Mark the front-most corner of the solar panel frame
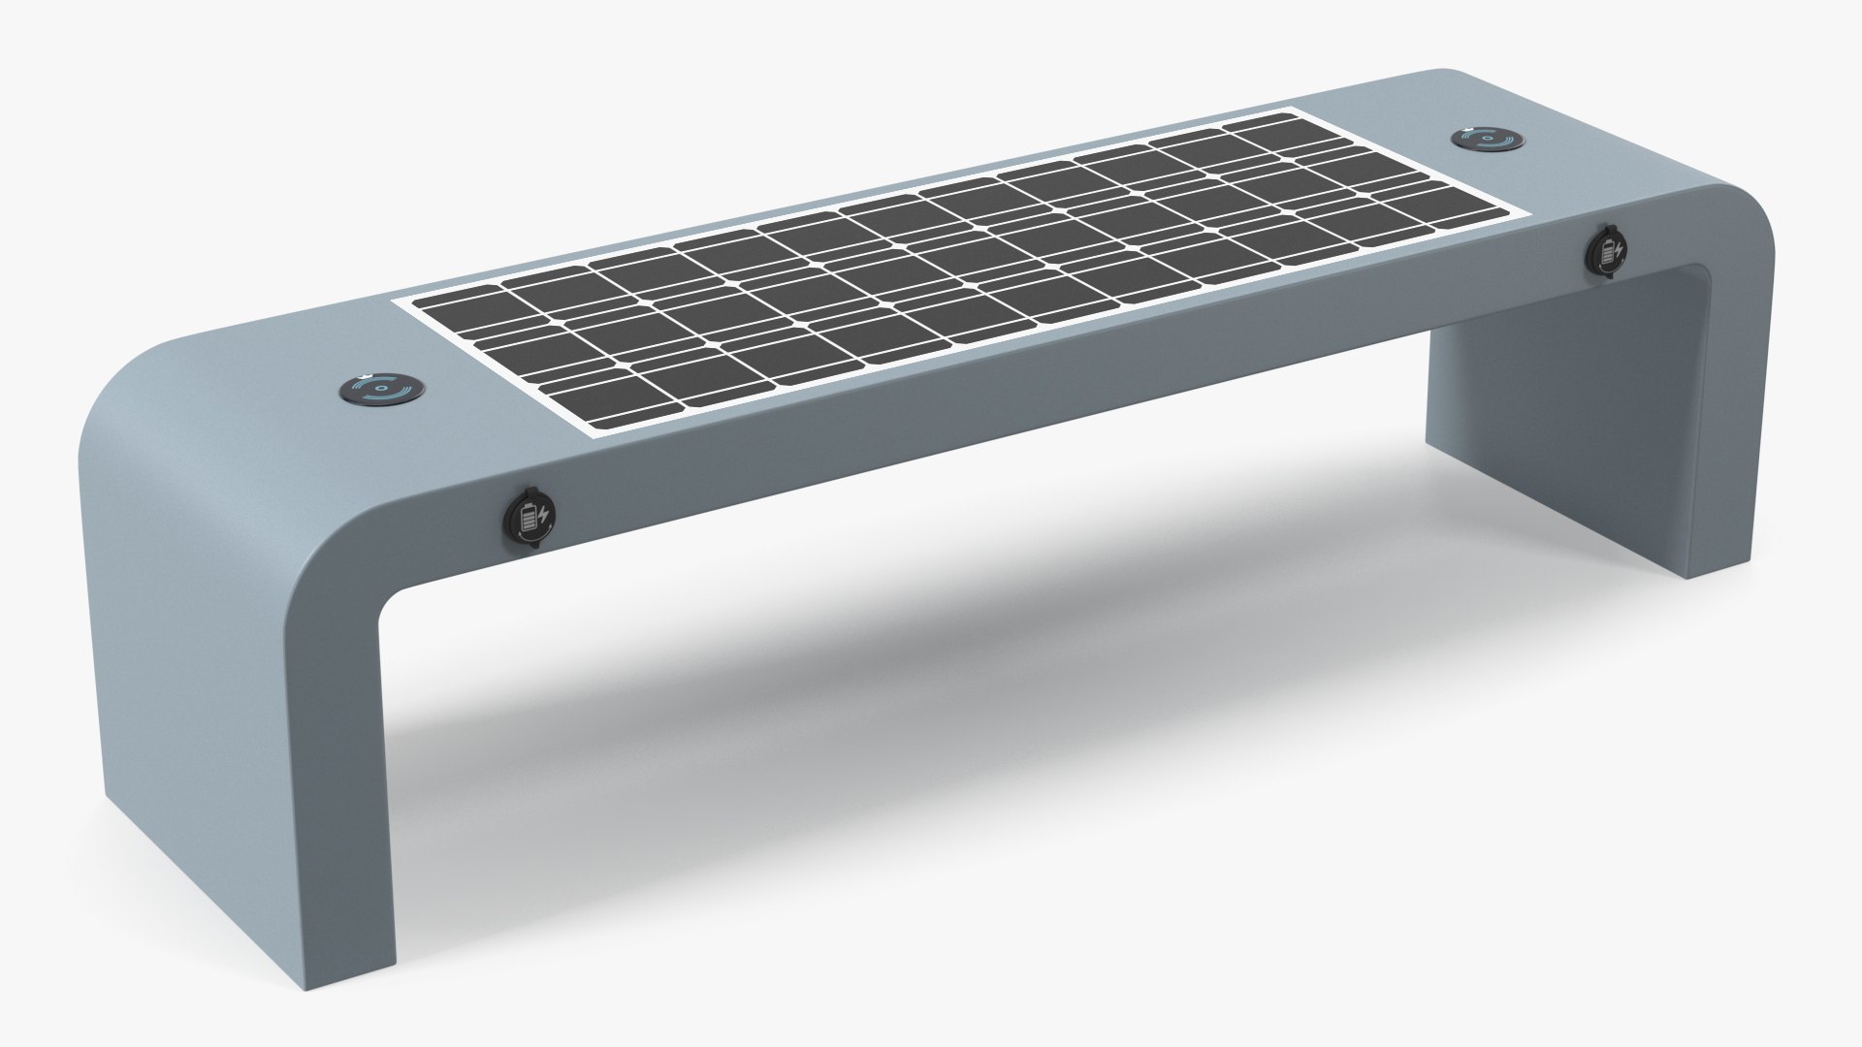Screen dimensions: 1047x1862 [585, 434]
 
